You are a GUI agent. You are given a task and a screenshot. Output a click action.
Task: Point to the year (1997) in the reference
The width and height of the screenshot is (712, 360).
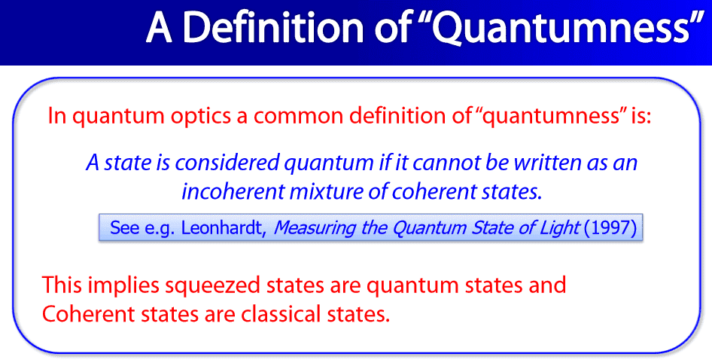point(610,227)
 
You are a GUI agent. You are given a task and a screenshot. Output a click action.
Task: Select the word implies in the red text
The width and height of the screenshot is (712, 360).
point(123,285)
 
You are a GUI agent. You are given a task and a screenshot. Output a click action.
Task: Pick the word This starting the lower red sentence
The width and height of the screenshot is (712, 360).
point(62,285)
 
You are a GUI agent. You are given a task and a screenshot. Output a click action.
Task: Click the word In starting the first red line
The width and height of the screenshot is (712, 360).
point(57,117)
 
